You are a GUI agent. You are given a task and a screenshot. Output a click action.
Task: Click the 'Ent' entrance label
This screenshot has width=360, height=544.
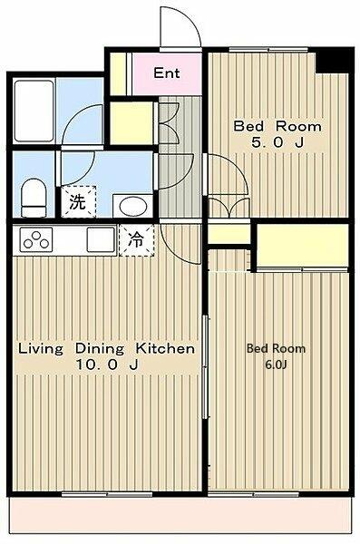165,73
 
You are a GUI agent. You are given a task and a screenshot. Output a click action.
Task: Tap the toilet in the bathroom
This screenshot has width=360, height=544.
34,197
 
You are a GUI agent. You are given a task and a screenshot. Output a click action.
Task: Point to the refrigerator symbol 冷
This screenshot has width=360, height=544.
135,241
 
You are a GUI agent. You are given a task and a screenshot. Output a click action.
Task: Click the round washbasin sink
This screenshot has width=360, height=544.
130,204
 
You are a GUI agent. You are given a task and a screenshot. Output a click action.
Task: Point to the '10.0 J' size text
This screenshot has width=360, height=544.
107,364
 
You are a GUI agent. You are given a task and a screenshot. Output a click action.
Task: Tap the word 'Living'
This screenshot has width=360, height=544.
41,348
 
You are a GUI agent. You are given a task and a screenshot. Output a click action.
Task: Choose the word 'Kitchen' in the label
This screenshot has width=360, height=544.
166,348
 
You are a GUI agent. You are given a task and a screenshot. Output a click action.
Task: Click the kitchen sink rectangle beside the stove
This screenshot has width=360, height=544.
98,241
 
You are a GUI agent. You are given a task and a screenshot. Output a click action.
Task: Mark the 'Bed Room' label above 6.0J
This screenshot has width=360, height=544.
276,348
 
